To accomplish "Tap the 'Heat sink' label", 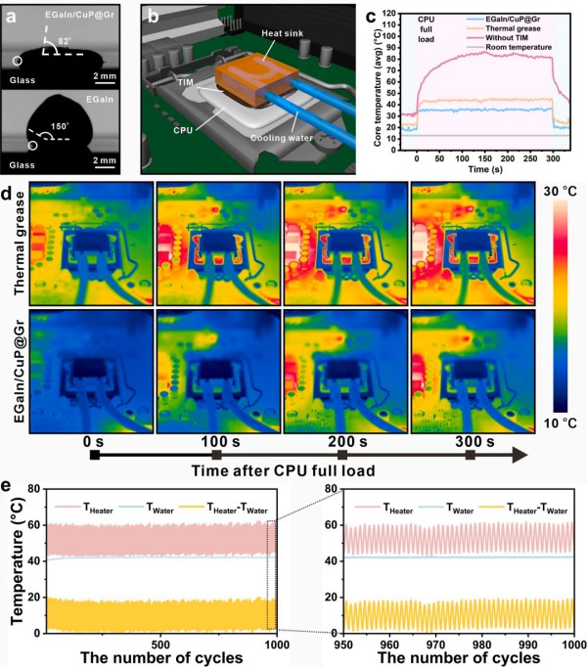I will pos(259,34).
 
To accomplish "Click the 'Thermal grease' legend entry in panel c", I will pos(511,28).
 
